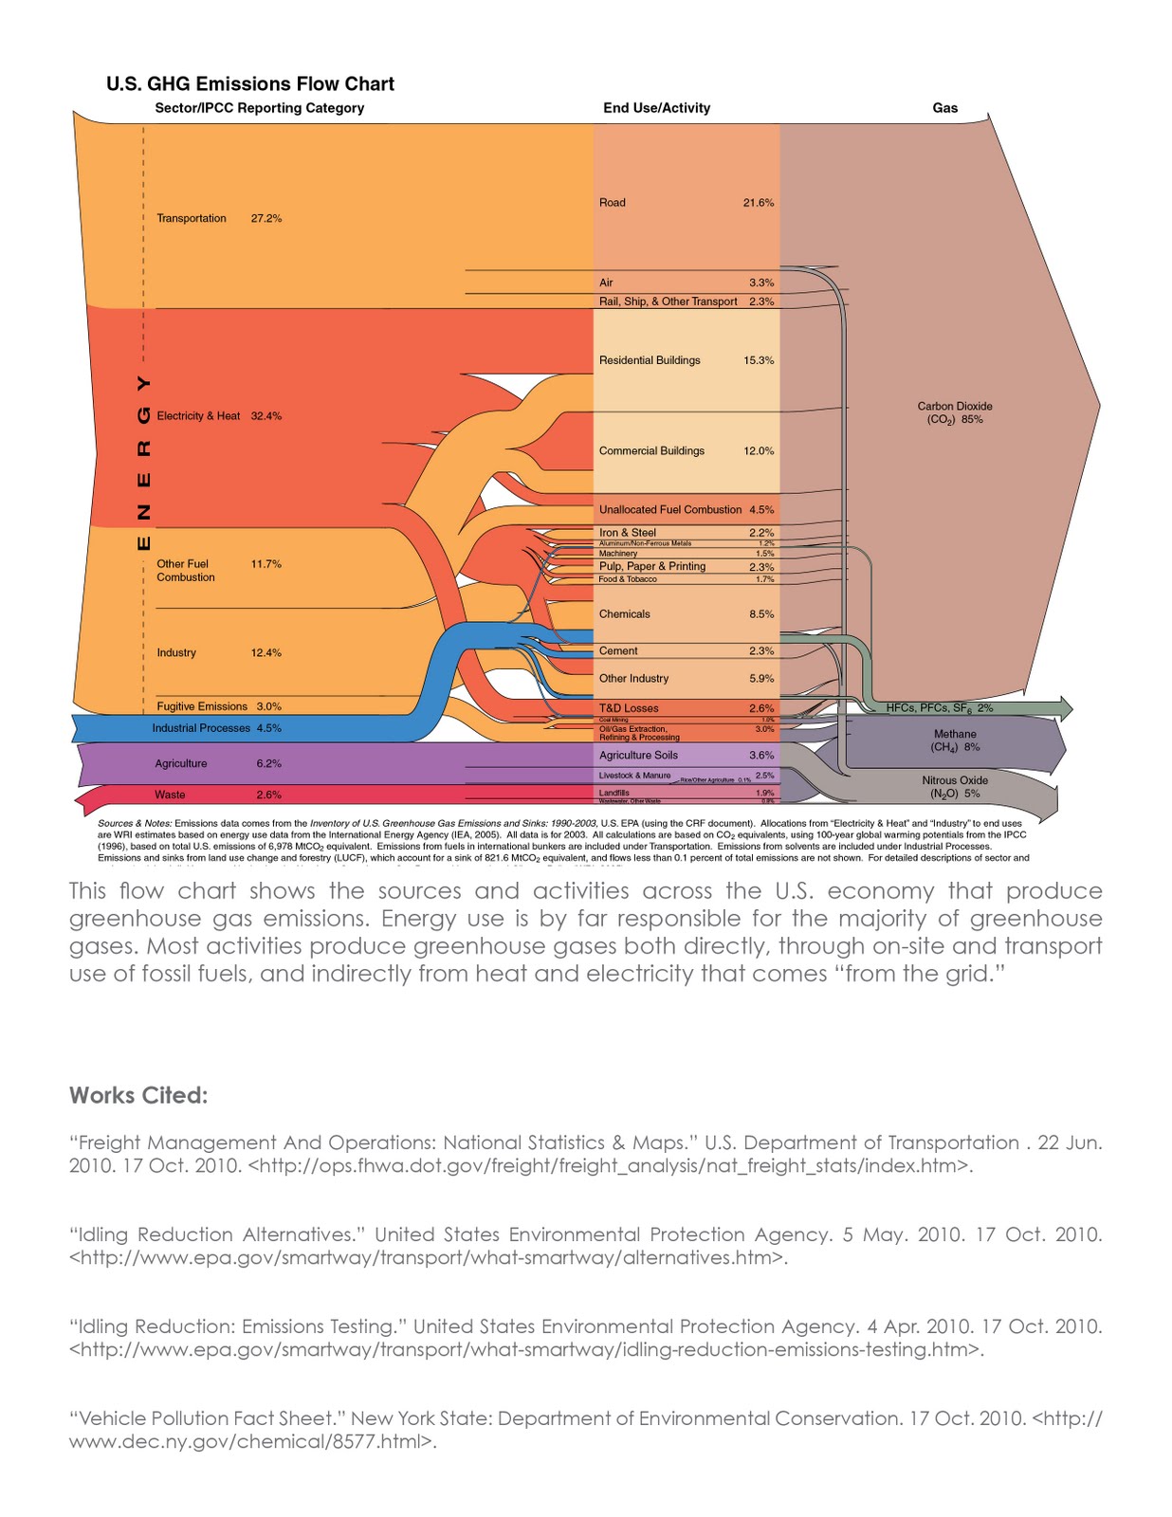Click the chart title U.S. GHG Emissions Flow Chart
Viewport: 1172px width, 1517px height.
[x=250, y=84]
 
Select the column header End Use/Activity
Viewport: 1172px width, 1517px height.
[x=656, y=108]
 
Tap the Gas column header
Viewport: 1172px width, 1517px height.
[x=944, y=108]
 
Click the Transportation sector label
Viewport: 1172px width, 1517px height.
[x=192, y=218]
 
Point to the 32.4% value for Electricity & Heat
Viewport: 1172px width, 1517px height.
[x=266, y=416]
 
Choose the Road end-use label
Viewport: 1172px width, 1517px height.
[x=613, y=203]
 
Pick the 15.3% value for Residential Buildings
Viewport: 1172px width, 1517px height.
[x=759, y=360]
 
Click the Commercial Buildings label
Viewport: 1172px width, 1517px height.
[x=651, y=451]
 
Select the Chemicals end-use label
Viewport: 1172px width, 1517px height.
[x=625, y=614]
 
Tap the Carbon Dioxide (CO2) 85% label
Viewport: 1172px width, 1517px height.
[x=955, y=412]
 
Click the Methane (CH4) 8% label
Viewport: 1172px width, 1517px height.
[x=955, y=740]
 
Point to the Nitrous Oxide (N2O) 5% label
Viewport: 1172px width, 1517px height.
[x=955, y=787]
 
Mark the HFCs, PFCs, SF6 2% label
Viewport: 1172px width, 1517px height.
[x=940, y=708]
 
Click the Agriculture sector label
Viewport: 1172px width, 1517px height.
[x=181, y=763]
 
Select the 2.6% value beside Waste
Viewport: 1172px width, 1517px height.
[x=268, y=795]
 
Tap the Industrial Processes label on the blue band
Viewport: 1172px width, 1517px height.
[x=201, y=728]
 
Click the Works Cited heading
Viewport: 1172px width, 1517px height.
[x=138, y=1095]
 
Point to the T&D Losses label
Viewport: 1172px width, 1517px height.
[x=629, y=708]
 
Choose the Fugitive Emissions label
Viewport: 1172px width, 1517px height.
[x=202, y=706]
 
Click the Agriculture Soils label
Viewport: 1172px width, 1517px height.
[x=639, y=756]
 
